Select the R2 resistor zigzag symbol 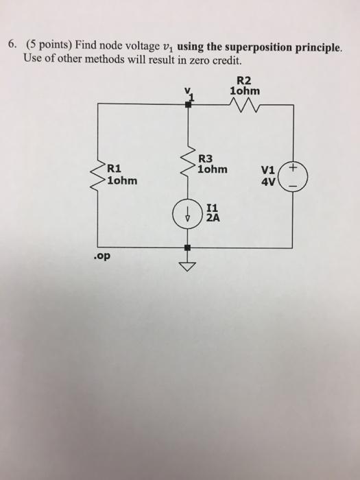(x=243, y=104)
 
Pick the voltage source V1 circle (x=293, y=176)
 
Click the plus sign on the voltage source (x=293, y=167)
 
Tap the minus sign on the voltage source (x=293, y=184)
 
